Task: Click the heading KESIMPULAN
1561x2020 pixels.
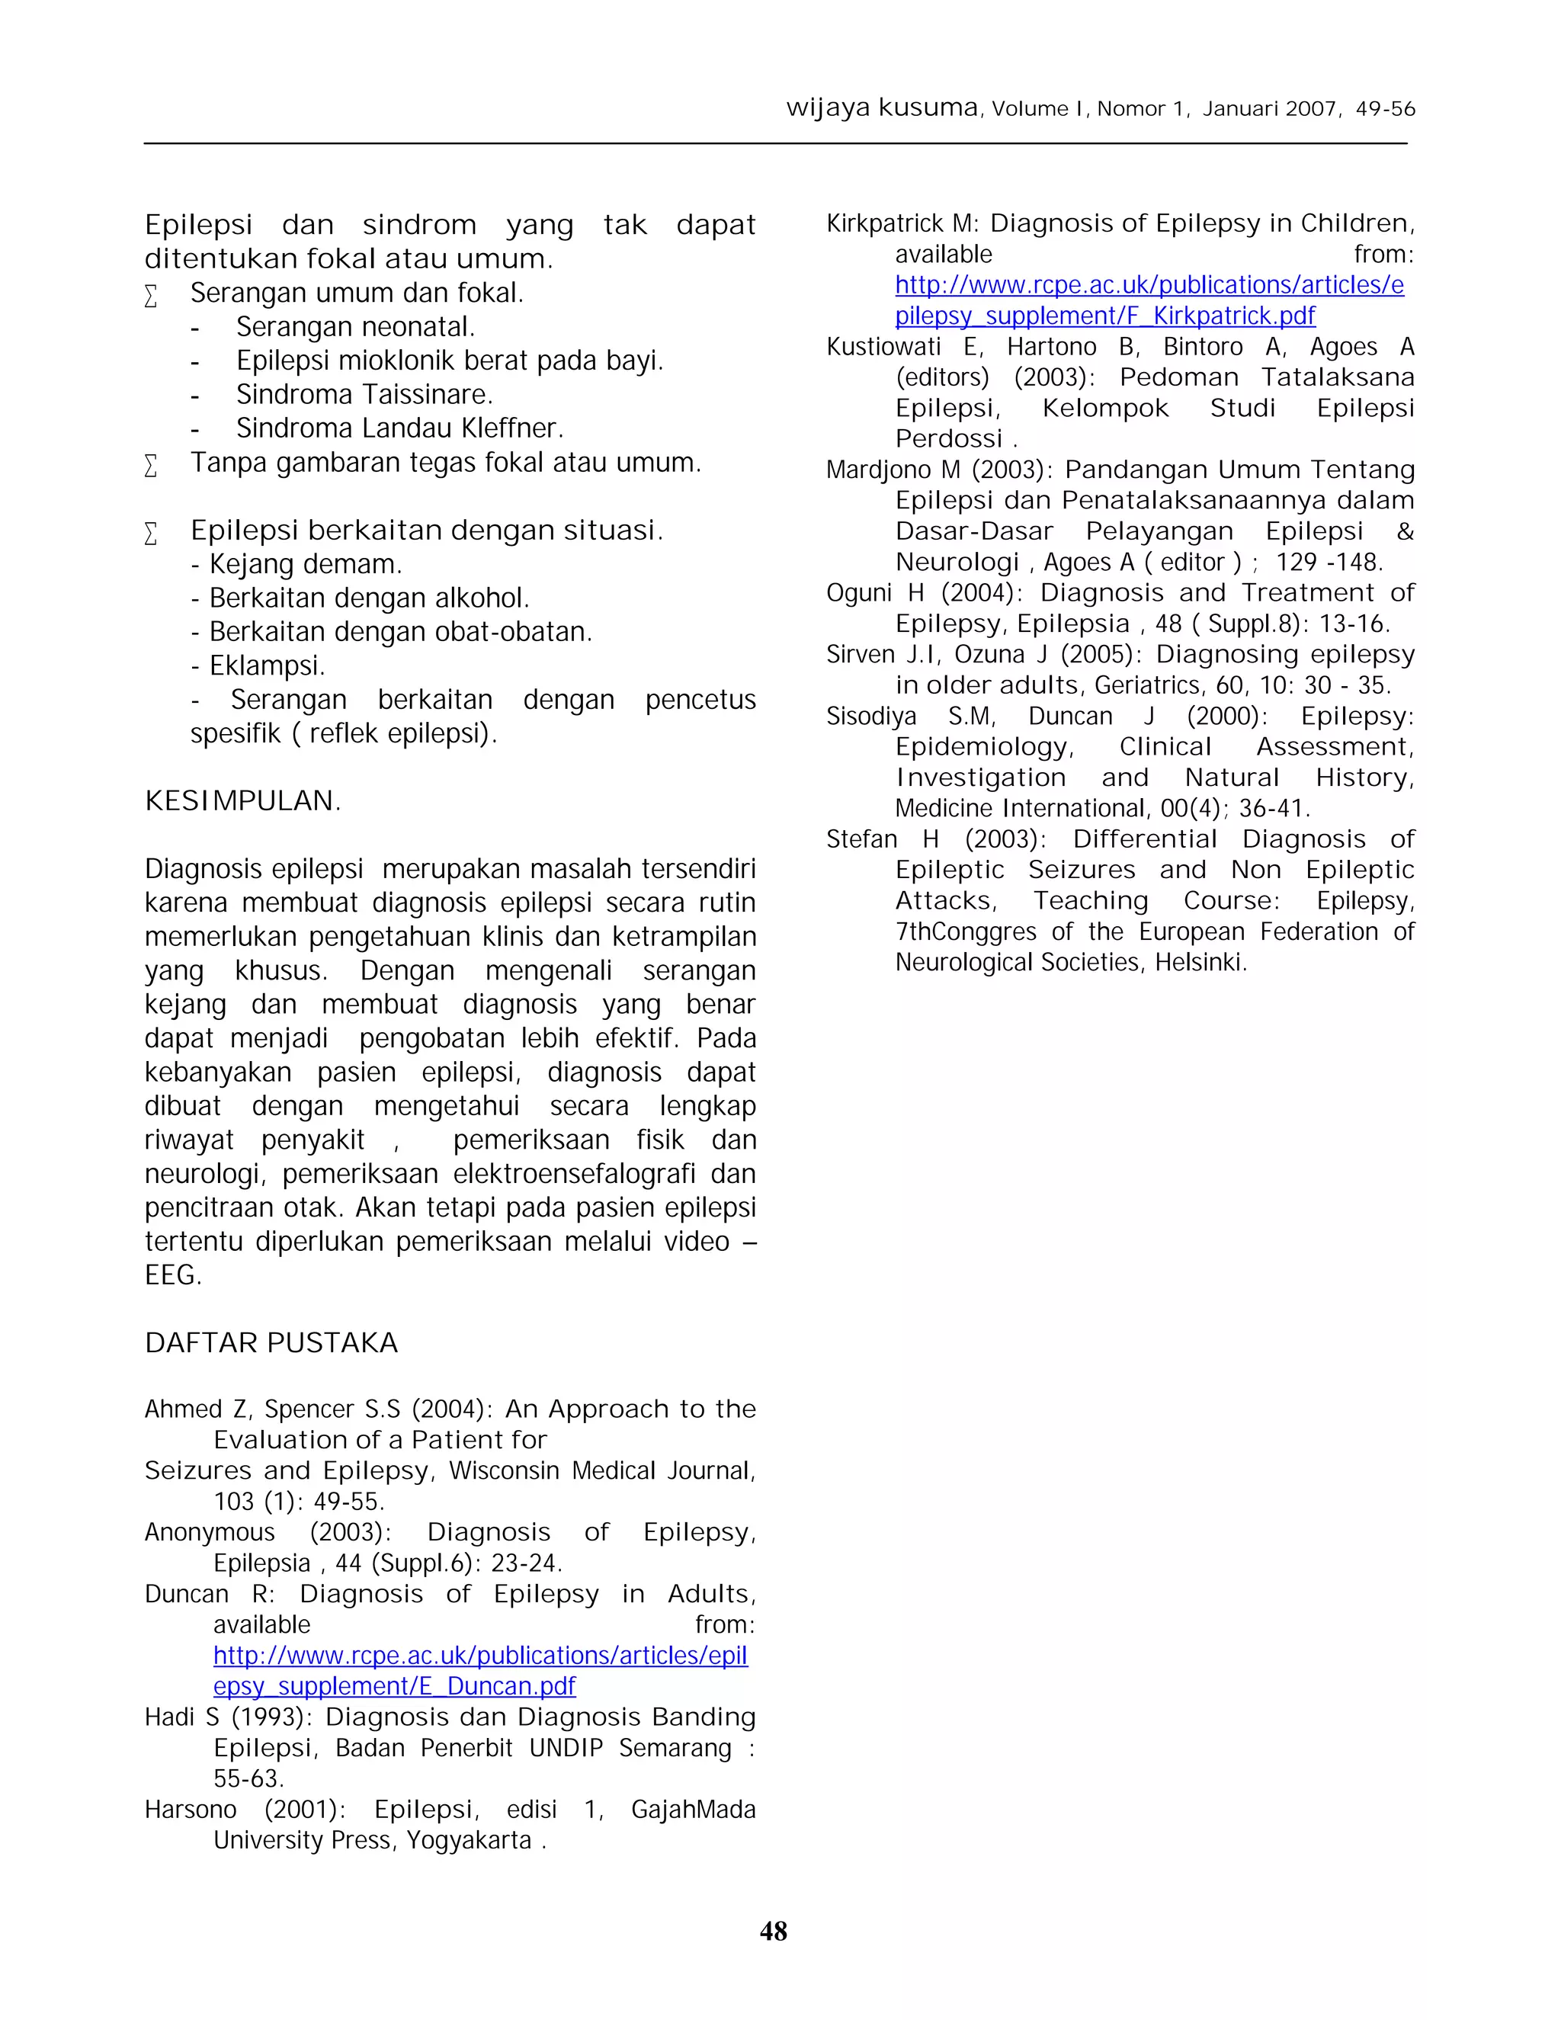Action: [242, 801]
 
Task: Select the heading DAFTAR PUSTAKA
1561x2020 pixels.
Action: [271, 1342]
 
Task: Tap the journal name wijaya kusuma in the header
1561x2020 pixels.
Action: [881, 107]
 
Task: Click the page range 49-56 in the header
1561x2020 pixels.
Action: [1384, 109]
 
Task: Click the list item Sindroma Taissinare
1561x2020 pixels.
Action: [364, 395]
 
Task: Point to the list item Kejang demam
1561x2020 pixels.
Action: [305, 564]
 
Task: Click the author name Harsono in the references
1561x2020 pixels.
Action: [191, 1810]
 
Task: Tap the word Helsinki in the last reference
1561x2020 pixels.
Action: [1200, 963]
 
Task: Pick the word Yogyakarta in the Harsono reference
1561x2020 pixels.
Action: [469, 1841]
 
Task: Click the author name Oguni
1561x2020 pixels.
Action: [861, 593]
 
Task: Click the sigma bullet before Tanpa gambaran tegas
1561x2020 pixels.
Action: [152, 464]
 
